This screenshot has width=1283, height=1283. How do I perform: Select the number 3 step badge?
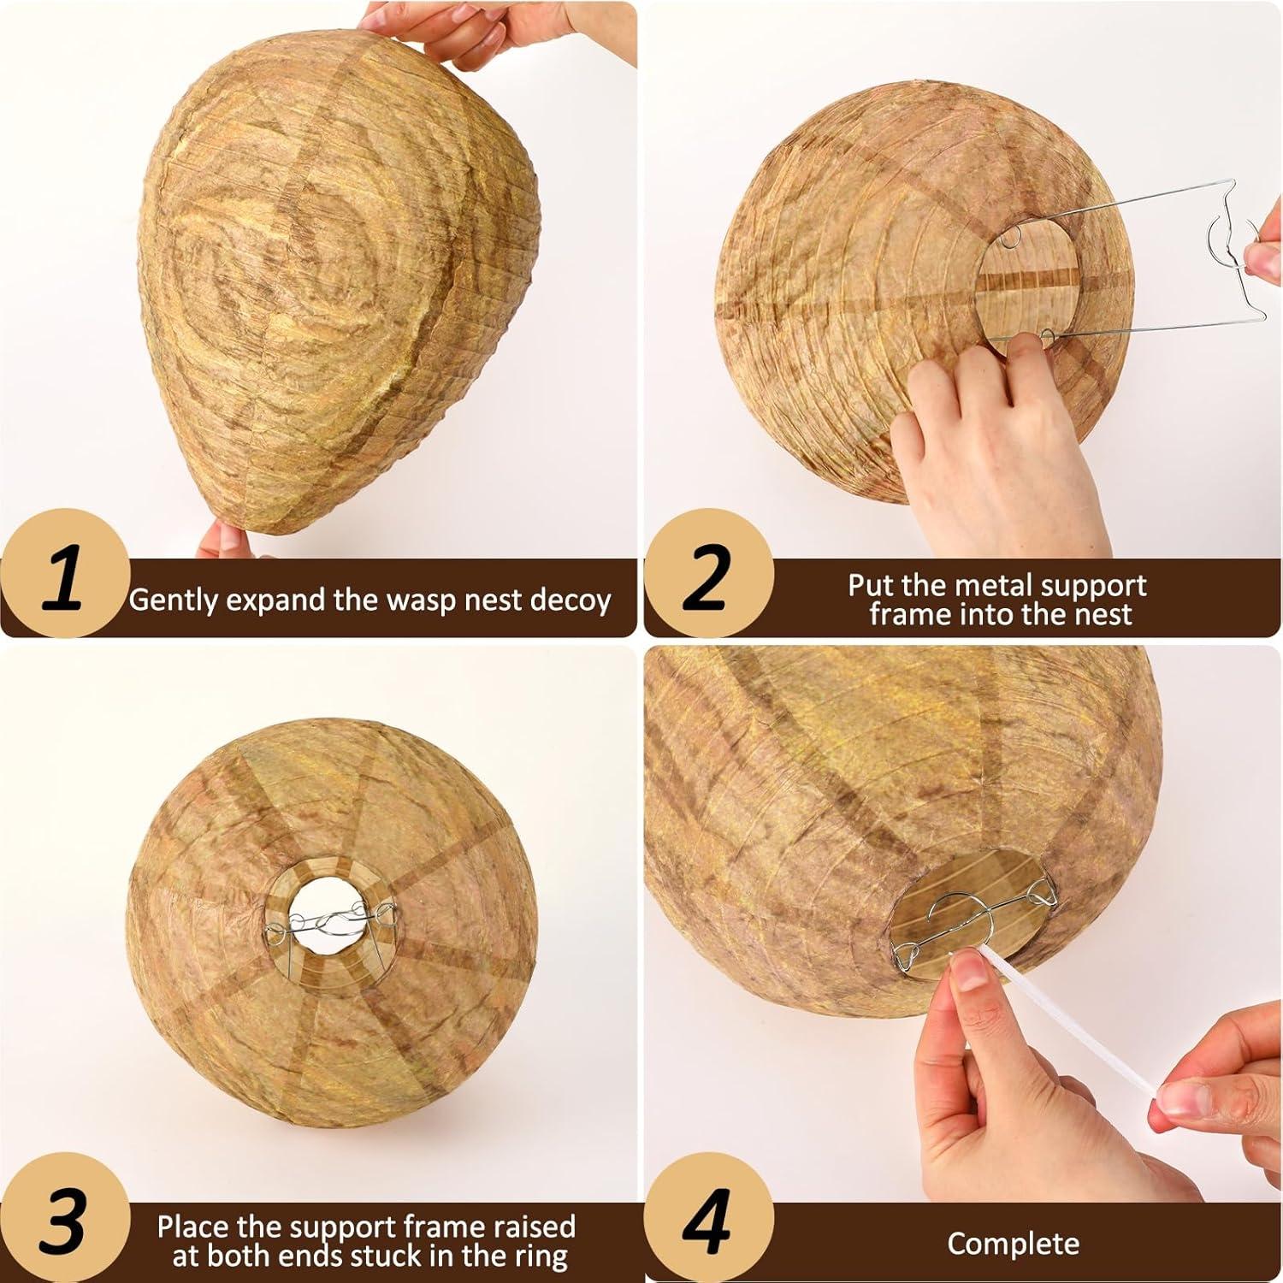coord(64,1219)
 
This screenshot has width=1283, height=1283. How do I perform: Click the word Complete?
coord(1013,1243)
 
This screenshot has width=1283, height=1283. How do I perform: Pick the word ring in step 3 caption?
coord(541,1256)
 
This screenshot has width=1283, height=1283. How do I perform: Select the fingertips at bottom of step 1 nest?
coord(224,541)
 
